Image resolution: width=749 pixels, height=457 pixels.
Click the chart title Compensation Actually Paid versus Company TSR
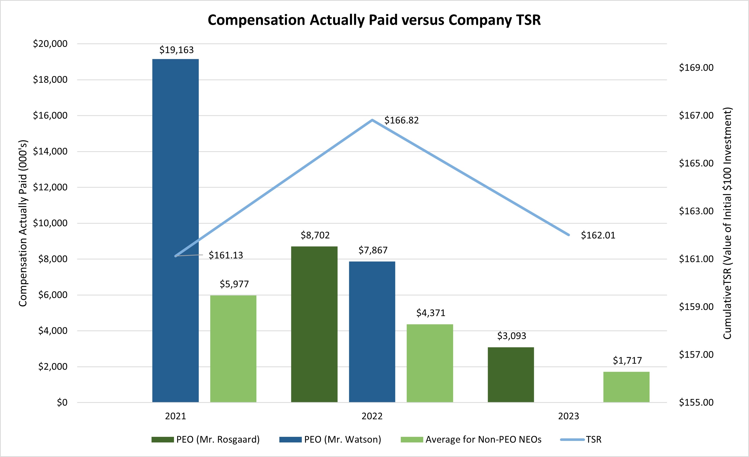click(374, 20)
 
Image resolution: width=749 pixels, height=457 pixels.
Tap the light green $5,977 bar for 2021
click(233, 349)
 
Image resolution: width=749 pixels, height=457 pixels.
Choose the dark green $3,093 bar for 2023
click(511, 375)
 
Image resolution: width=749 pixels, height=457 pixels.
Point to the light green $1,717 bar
click(626, 387)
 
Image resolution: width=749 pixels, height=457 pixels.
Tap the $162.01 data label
click(598, 235)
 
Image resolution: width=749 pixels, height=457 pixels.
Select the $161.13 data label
click(226, 255)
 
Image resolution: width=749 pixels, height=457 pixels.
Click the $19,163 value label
click(176, 50)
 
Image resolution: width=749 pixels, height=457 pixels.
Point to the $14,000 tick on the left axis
click(50, 151)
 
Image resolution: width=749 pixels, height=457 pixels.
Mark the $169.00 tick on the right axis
click(696, 68)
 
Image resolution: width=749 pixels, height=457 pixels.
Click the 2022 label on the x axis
click(372, 416)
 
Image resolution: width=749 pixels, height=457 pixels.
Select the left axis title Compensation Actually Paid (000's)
click(23, 223)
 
